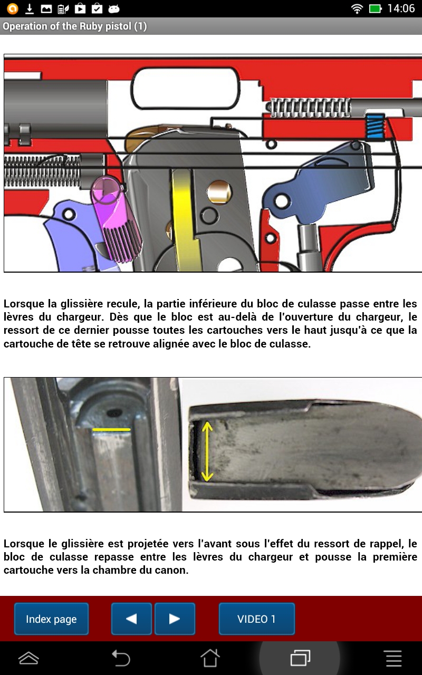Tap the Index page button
(51, 619)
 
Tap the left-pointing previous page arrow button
(131, 619)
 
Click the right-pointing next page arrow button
(175, 619)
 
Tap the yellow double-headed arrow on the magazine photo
(207, 445)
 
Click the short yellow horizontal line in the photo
(111, 430)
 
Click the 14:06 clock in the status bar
(401, 8)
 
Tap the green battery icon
(375, 8)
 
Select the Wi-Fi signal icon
(357, 8)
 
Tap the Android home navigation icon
(210, 658)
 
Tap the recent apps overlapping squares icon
(300, 658)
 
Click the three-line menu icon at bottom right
(394, 658)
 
